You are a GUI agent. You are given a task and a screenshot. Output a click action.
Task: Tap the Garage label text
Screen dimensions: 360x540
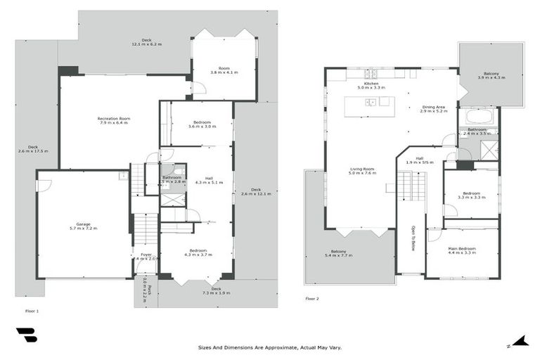coord(83,226)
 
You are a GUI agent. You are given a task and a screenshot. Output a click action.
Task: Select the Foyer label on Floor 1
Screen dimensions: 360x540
coord(146,256)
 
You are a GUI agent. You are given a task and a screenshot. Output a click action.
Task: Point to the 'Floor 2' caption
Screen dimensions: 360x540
coord(312,299)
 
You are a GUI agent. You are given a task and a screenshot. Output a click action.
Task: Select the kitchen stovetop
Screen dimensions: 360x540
coord(370,74)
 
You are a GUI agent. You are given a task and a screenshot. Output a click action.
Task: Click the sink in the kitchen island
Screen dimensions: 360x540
coord(371,103)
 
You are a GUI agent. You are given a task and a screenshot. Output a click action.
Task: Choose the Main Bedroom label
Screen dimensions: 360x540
coord(462,250)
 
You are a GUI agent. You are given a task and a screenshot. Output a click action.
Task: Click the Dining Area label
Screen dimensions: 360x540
coord(433,108)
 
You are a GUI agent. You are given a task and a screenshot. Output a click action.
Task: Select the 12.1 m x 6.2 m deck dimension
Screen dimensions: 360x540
coord(146,44)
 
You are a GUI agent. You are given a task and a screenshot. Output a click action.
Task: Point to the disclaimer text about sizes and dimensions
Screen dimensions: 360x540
coord(270,347)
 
